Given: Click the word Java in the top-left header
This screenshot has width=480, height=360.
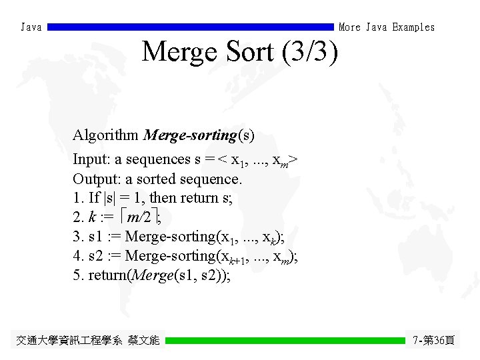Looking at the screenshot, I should click(x=31, y=27).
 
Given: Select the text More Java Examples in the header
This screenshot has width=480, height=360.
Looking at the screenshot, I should click(x=387, y=27).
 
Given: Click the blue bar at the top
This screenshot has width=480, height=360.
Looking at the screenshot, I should click(x=191, y=27).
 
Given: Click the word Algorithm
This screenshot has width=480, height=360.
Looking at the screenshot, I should click(x=105, y=135).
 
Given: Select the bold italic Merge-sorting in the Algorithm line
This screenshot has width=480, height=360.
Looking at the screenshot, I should click(x=190, y=135).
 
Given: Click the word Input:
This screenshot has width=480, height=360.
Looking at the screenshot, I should click(x=92, y=160).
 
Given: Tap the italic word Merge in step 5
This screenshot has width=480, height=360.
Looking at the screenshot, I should click(x=152, y=275).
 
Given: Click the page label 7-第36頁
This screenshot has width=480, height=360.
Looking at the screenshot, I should click(x=433, y=341).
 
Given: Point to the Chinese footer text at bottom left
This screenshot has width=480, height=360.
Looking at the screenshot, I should click(x=88, y=341).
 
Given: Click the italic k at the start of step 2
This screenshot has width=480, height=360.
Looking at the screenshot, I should click(x=91, y=217).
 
